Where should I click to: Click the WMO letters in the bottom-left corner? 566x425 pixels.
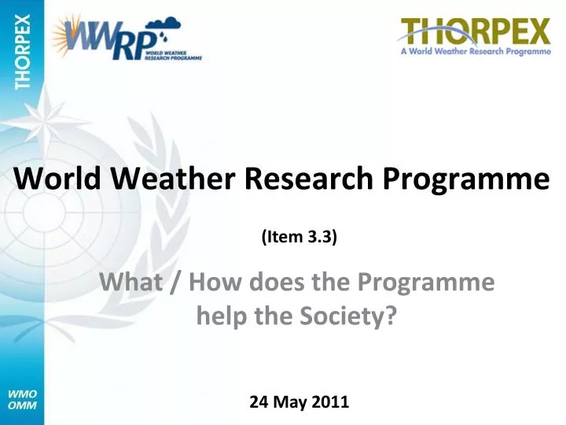click(21, 393)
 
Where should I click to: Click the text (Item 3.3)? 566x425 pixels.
click(299, 236)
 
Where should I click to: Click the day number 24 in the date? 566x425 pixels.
click(258, 402)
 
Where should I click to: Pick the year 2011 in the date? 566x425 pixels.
click(330, 402)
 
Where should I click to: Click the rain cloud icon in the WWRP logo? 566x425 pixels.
click(161, 28)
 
